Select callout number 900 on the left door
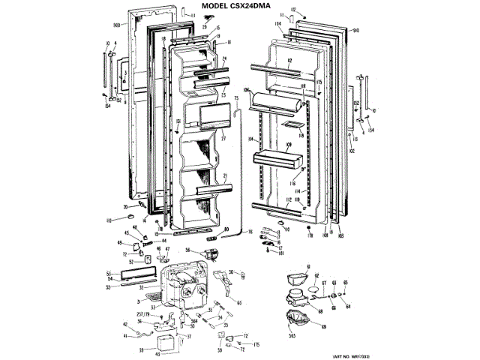(116, 25)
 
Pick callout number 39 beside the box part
(142, 349)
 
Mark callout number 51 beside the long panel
(109, 272)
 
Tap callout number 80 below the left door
(226, 229)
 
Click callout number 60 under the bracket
(238, 303)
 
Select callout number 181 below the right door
(281, 254)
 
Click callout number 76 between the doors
(250, 232)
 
